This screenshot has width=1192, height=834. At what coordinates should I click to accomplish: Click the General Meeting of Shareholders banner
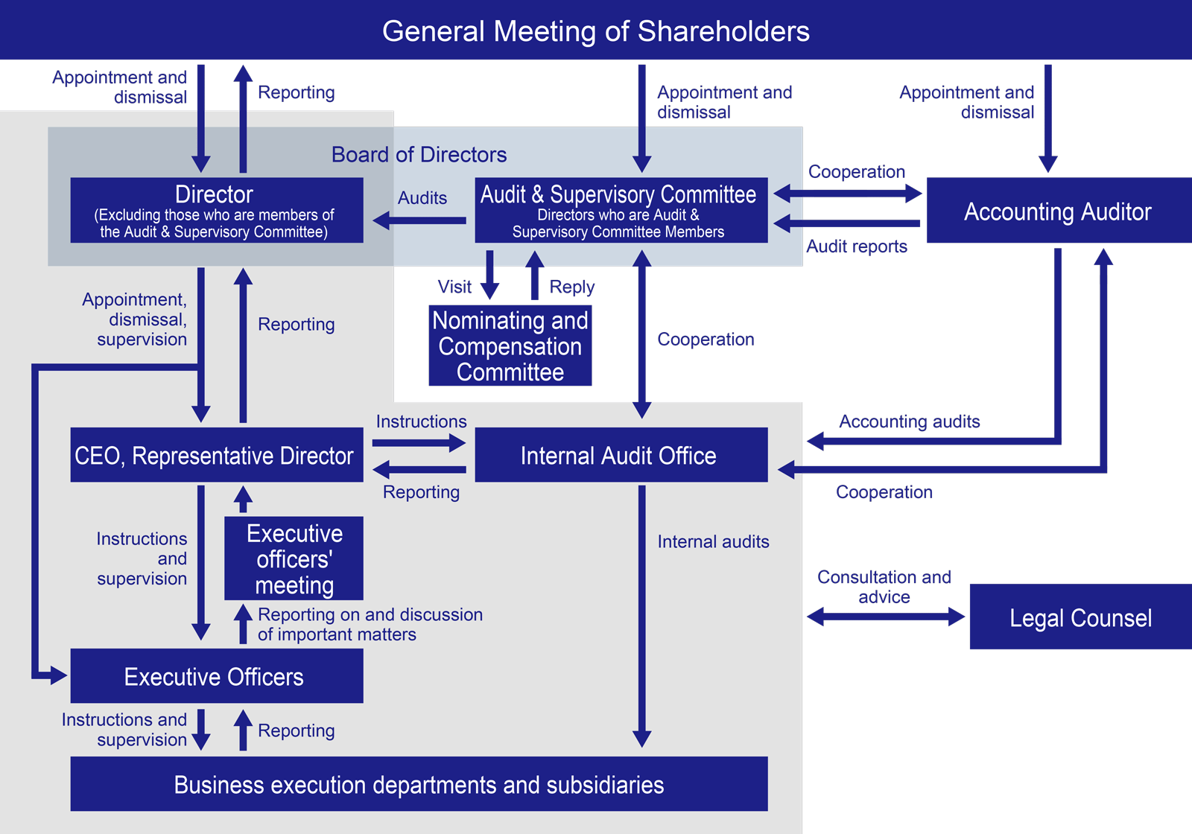click(x=596, y=30)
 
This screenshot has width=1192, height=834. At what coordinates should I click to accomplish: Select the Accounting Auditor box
click(x=1059, y=211)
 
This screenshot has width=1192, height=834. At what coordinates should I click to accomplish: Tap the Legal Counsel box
click(x=1081, y=617)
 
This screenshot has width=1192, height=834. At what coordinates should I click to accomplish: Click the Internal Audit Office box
click(x=621, y=455)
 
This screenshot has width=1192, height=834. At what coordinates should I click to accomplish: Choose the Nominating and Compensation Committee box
click(x=510, y=346)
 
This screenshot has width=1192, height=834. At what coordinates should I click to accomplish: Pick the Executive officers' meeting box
click(x=294, y=558)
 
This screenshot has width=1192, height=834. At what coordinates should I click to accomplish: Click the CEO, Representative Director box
click(x=217, y=455)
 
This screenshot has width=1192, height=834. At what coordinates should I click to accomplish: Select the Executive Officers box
click(x=217, y=676)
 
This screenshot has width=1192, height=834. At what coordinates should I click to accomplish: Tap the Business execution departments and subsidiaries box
click(x=419, y=784)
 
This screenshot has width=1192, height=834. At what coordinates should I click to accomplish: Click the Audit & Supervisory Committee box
click(x=621, y=211)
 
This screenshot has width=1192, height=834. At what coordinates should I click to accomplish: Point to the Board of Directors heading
click(x=419, y=154)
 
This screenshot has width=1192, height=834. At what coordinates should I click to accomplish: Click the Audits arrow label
click(x=422, y=198)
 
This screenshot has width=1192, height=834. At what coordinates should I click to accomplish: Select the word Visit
click(x=454, y=287)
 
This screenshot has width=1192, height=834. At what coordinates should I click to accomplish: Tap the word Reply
click(x=572, y=287)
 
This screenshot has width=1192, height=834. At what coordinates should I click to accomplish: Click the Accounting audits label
click(x=910, y=421)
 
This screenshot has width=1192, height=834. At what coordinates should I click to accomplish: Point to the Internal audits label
click(x=713, y=541)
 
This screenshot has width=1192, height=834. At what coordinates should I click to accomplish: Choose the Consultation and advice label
click(x=884, y=587)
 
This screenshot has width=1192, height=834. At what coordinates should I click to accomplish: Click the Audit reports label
click(x=857, y=246)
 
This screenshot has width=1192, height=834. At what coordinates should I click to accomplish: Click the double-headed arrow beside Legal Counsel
click(x=886, y=617)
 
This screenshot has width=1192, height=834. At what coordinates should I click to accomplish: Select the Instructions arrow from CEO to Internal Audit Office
click(x=419, y=442)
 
